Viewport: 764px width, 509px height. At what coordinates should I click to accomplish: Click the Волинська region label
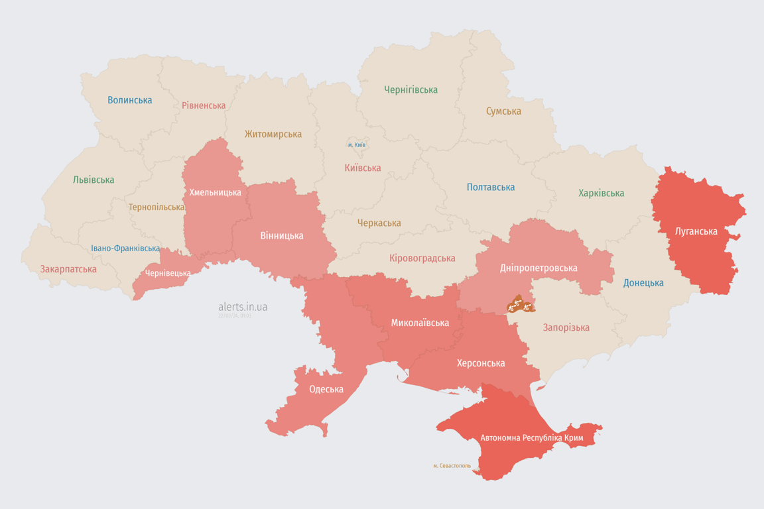click(x=130, y=100)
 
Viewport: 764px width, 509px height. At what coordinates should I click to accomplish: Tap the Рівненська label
click(x=204, y=105)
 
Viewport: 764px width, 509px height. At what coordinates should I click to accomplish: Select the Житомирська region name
click(x=273, y=134)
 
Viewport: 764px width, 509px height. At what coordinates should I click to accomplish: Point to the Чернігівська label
click(x=411, y=89)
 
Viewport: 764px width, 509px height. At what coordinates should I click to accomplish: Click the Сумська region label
click(x=503, y=111)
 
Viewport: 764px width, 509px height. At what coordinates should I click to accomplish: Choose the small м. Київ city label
click(x=357, y=144)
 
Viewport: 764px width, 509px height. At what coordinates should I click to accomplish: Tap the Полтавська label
click(x=491, y=187)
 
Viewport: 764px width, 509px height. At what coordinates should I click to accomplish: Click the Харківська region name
click(x=601, y=193)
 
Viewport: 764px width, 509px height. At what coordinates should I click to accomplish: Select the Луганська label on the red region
click(x=696, y=231)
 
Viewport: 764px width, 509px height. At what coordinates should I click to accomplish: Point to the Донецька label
click(x=643, y=283)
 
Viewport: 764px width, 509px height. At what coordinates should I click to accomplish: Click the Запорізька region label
click(x=566, y=327)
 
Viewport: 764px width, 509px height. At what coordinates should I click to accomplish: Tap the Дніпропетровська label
click(x=539, y=268)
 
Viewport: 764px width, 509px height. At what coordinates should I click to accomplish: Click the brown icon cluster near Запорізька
click(x=521, y=305)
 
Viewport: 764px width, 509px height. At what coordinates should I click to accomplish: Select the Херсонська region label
click(x=481, y=363)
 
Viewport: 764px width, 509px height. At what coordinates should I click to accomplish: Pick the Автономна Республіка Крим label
click(x=531, y=438)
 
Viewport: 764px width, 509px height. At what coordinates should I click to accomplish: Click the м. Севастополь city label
click(x=452, y=465)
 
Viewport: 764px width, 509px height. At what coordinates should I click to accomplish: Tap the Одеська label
click(x=326, y=389)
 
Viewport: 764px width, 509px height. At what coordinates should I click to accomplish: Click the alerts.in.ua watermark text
click(x=243, y=307)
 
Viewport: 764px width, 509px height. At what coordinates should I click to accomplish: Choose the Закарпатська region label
click(x=68, y=269)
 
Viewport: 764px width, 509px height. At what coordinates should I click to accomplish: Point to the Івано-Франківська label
click(x=125, y=249)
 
